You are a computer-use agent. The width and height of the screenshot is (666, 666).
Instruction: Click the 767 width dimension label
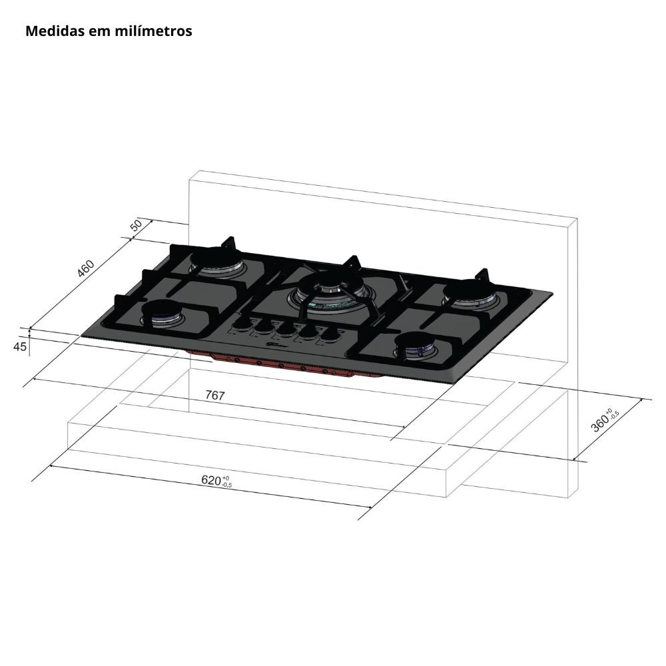click(214, 395)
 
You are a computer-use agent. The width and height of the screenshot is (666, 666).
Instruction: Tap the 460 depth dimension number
click(85, 268)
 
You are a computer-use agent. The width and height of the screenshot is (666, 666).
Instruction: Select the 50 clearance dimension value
click(137, 224)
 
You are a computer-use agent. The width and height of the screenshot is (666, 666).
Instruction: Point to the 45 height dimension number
click(20, 346)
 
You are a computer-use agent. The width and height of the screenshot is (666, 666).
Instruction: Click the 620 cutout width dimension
click(211, 480)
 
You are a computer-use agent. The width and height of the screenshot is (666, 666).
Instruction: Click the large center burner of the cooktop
click(331, 292)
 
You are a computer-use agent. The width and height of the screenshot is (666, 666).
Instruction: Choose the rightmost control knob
click(328, 335)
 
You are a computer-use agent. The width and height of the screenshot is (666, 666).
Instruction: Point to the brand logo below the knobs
click(278, 344)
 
